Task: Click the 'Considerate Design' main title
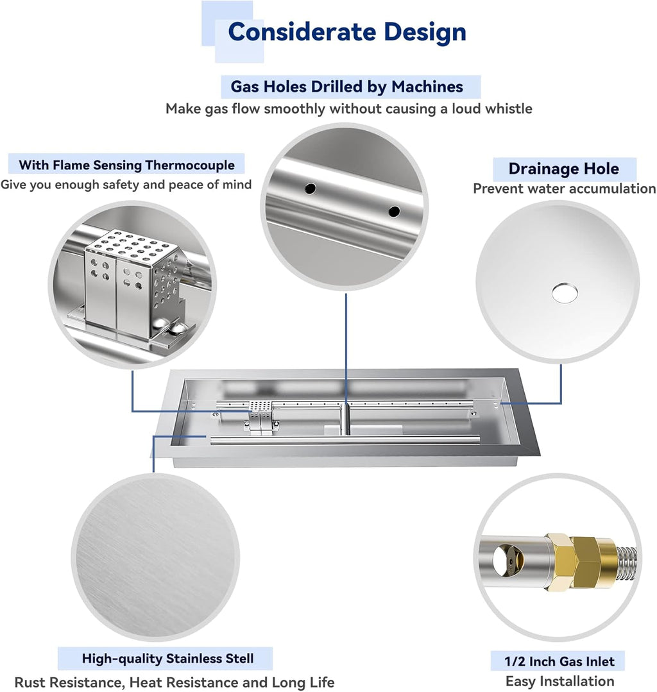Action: (347, 31)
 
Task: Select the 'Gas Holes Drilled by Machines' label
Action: (346, 86)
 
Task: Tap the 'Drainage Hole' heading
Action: (563, 169)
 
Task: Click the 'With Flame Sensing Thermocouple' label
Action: (126, 165)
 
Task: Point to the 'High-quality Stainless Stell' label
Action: (167, 658)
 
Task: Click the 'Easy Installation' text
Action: (559, 681)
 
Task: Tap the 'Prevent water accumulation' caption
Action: (564, 189)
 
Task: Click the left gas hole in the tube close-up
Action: (311, 189)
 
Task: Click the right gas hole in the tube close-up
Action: (394, 210)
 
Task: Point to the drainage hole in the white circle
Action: (564, 292)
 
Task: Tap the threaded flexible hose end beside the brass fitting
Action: (625, 561)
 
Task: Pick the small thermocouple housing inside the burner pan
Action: (260, 416)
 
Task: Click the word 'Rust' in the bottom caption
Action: (31, 682)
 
